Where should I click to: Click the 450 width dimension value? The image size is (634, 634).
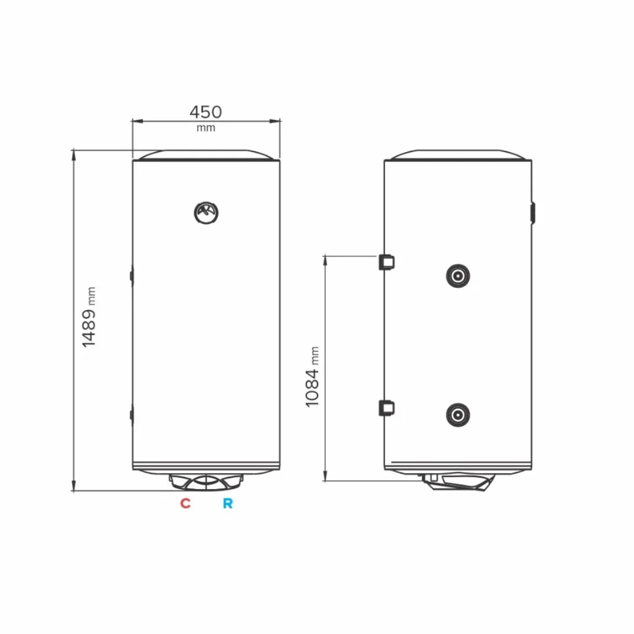point(205,112)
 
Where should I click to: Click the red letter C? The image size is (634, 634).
point(186,503)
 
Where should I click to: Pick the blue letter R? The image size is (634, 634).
point(227,503)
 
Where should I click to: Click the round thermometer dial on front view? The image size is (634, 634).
point(206,212)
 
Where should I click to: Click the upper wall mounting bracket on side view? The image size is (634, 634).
point(386,261)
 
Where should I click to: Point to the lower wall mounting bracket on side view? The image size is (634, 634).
point(386,407)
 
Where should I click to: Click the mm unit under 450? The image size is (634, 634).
point(205,128)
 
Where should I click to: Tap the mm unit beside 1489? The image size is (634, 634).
point(91,296)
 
